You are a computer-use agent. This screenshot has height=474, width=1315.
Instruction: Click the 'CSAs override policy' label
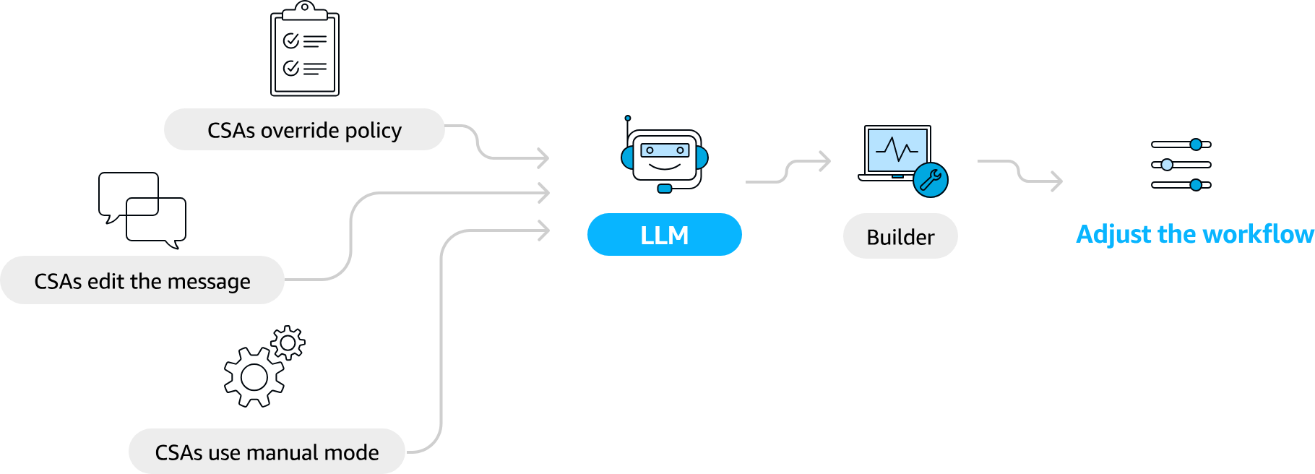pos(304,130)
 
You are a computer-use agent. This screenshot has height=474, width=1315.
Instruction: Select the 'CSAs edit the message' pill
pos(142,280)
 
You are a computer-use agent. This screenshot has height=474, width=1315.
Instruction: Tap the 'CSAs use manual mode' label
pos(267,452)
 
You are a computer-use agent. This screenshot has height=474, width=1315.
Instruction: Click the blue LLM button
pos(664,235)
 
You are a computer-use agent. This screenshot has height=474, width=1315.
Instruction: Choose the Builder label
pos(900,236)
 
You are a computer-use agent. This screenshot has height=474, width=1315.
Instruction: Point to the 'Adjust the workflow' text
pos(1194,234)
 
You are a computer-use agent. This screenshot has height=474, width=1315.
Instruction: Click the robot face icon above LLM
pos(665,158)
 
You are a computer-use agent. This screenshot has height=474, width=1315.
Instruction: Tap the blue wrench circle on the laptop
pos(931,180)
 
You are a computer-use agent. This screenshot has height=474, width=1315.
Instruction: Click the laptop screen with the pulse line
pos(897,150)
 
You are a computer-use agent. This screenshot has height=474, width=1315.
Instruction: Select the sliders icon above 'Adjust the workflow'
pos(1181,165)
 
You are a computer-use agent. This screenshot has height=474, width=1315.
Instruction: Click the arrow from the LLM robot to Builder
pos(788,171)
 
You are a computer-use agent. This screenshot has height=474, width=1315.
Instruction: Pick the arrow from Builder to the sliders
pos(1019,171)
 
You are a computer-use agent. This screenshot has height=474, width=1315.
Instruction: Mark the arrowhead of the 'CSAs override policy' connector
pos(543,158)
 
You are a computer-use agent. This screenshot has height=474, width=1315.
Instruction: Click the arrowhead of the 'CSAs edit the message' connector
pos(543,193)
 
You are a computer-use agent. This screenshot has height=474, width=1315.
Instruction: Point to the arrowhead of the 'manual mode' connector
pos(543,230)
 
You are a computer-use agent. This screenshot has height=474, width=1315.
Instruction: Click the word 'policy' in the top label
pos(373,131)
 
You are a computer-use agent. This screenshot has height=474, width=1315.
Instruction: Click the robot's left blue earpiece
pos(627,158)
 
